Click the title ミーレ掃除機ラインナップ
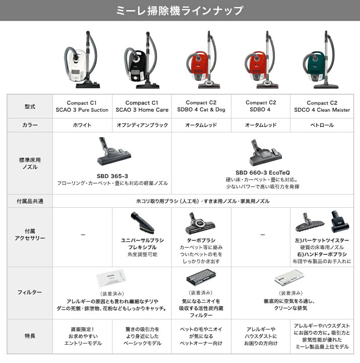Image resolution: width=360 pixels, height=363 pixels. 179,11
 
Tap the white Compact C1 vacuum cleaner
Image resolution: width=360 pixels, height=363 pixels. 82,59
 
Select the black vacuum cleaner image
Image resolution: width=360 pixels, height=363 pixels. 142,60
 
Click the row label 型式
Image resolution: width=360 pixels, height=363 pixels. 30,106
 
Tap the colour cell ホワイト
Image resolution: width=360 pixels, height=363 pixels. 82,125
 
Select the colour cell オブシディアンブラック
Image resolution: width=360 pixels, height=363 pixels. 142,125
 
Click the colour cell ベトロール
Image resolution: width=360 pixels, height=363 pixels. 322,125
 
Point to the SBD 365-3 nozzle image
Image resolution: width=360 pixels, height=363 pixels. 113,151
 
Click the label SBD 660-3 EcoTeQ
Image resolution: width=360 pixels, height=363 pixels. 263,172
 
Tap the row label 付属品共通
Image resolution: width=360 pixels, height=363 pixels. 30,201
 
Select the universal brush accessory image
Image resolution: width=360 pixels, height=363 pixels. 142,222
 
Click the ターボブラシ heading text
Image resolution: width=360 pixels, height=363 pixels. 201,240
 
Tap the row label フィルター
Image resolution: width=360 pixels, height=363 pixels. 30,292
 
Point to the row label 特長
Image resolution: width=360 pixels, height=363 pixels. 30,336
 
